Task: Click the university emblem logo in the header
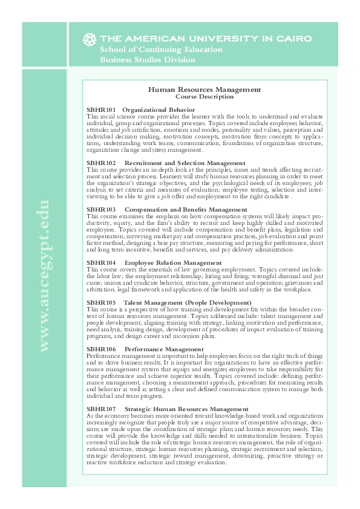pyautogui.click(x=89, y=39)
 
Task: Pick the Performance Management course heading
pyautogui.click(x=163, y=349)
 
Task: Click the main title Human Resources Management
pyautogui.click(x=205, y=89)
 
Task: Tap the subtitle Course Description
pyautogui.click(x=205, y=97)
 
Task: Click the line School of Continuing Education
pyautogui.click(x=152, y=49)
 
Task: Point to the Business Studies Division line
pyautogui.click(x=147, y=59)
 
